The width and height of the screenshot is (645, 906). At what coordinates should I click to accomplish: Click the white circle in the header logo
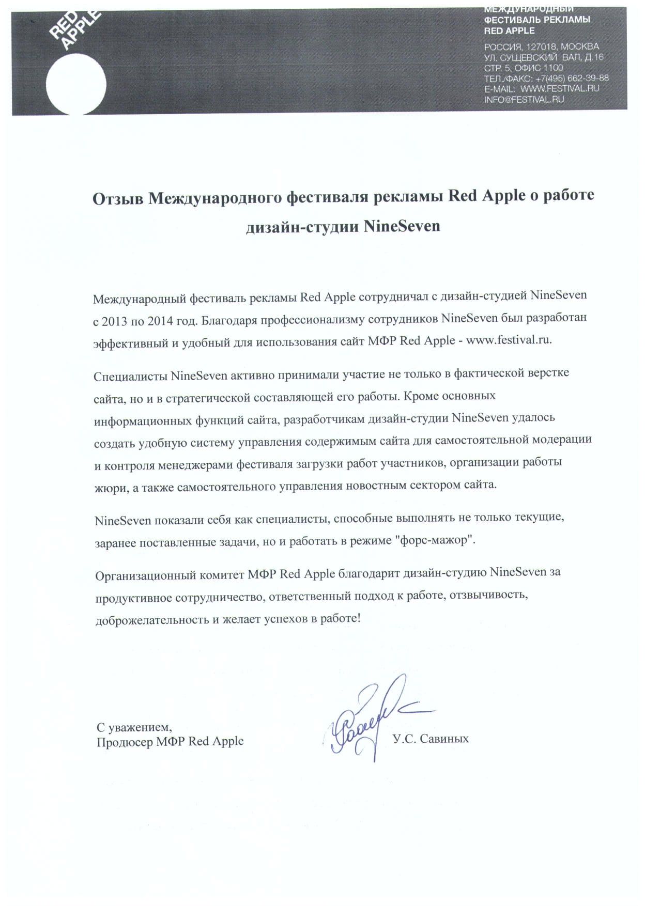pyautogui.click(x=76, y=84)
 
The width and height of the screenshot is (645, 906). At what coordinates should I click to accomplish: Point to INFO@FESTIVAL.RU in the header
pyautogui.click(x=524, y=99)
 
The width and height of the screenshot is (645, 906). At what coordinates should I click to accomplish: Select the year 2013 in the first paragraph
pyautogui.click(x=114, y=321)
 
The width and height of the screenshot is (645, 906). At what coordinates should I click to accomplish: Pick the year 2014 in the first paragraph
pyautogui.click(x=160, y=321)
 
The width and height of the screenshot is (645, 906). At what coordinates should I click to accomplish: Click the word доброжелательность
pyautogui.click(x=152, y=619)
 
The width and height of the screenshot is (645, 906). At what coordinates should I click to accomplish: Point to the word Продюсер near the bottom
pyautogui.click(x=124, y=742)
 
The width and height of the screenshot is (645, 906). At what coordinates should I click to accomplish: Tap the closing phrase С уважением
pyautogui.click(x=133, y=727)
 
